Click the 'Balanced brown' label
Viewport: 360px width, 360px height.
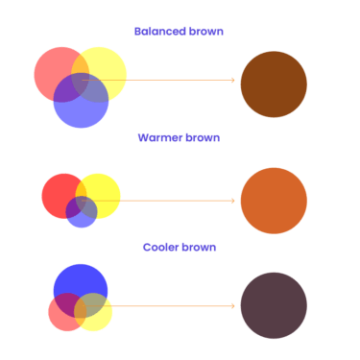point(179,32)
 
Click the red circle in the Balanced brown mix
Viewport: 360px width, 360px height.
point(50,69)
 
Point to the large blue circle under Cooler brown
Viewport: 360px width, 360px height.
point(81,279)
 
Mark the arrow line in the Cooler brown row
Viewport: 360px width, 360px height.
point(173,306)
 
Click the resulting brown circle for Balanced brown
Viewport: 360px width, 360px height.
point(274,84)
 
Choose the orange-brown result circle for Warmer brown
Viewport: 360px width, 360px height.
point(274,201)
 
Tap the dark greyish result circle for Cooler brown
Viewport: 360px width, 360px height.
point(274,305)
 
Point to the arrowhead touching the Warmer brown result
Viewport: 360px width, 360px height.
point(233,201)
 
